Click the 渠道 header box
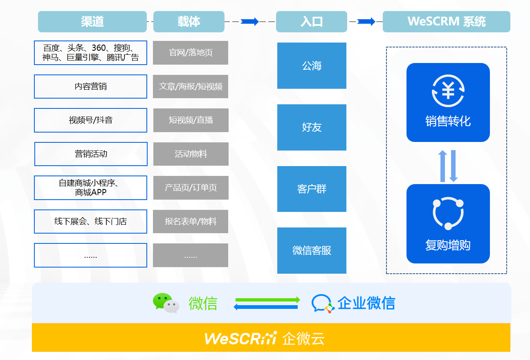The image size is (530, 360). [92, 22]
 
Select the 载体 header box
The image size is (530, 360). [189, 22]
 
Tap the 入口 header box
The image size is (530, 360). [312, 22]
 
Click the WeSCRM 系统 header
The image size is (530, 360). [446, 22]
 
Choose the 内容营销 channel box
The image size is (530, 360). [90, 86]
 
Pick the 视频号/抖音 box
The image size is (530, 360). [90, 120]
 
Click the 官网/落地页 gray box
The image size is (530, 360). [191, 53]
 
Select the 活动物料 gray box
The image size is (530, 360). [191, 154]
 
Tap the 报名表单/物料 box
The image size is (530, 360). [191, 221]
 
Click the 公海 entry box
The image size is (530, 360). [312, 65]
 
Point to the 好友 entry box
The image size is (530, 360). [312, 127]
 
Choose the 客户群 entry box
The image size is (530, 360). [312, 189]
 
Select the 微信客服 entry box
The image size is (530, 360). [312, 250]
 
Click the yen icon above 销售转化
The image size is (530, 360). [448, 91]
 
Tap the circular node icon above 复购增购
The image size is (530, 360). [448, 213]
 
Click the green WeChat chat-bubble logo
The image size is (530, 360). [166, 303]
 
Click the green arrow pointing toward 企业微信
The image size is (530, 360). [267, 300]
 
